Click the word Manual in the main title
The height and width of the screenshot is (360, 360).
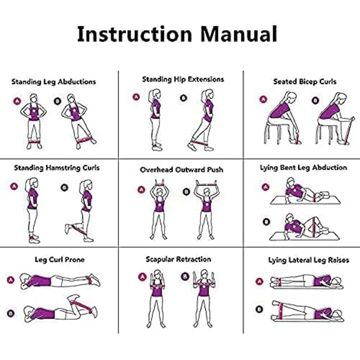[239, 34]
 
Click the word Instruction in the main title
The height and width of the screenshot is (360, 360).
[135, 34]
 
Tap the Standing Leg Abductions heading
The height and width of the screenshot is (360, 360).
[53, 82]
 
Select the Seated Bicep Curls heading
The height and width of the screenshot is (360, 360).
[304, 82]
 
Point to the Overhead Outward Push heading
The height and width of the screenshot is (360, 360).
[182, 170]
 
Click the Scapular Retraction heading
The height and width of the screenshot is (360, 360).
[178, 259]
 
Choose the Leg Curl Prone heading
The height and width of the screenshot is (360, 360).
[60, 260]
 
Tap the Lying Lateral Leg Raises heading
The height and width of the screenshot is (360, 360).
[309, 260]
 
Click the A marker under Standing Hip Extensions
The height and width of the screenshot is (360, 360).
[136, 97]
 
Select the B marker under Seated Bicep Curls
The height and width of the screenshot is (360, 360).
[315, 100]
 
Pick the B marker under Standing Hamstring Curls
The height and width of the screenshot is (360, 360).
[64, 188]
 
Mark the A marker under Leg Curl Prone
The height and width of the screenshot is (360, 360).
[11, 280]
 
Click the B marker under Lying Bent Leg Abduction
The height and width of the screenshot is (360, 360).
[266, 222]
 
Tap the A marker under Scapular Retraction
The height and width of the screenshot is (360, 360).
[142, 277]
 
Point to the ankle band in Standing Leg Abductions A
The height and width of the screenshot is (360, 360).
[34, 141]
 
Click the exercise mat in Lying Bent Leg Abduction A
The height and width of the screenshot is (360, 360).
[305, 200]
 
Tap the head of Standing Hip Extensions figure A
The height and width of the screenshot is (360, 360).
[155, 94]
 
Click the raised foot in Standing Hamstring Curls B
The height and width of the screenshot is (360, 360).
[67, 229]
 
